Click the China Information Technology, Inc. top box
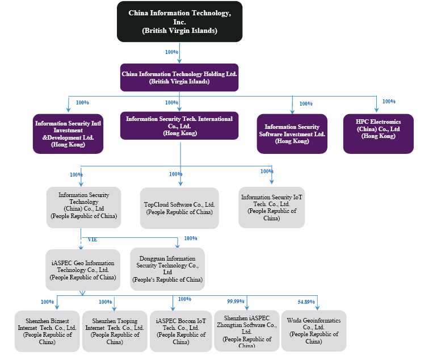[179, 22]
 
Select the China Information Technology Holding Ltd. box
[179, 77]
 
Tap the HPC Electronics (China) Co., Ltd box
[378, 133]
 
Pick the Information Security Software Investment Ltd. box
[292, 133]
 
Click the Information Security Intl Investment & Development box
[68, 133]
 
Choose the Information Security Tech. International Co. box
[179, 125]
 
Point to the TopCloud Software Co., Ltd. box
[179, 208]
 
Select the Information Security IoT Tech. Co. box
[272, 207]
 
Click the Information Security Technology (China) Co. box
[83, 207]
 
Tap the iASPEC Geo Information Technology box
[83, 270]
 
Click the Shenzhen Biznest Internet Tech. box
[47, 331]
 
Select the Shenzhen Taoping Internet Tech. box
[115, 331]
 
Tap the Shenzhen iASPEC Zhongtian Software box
[247, 330]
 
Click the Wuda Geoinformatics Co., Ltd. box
[314, 330]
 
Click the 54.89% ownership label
[306, 301]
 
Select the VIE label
[92, 240]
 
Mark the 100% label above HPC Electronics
[389, 102]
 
